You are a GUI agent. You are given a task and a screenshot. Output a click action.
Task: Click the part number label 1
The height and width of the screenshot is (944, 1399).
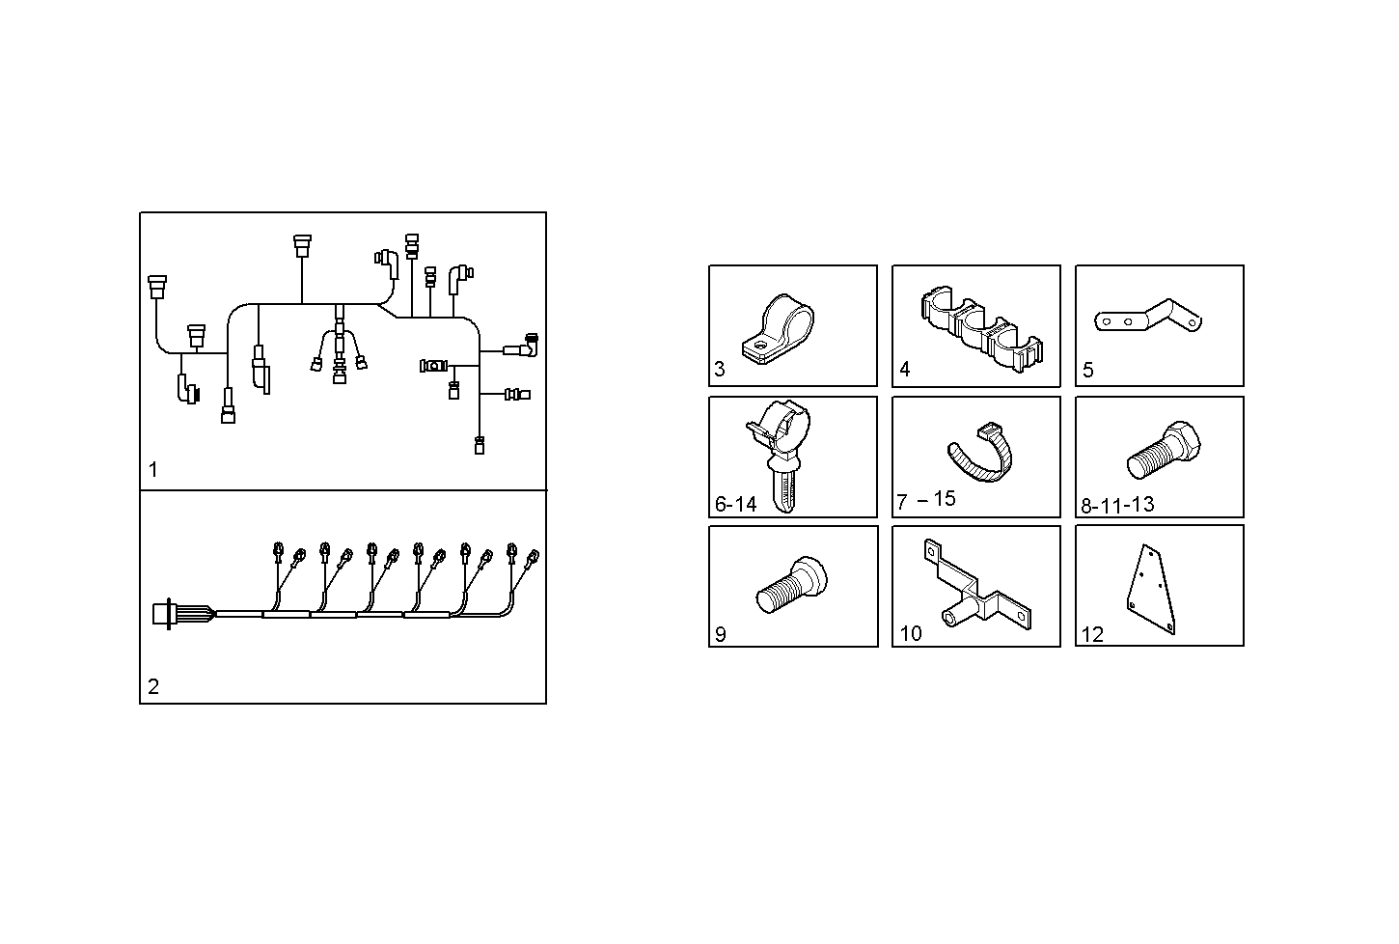(x=153, y=470)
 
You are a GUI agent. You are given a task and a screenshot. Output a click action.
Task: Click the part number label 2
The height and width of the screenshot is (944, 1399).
(x=153, y=687)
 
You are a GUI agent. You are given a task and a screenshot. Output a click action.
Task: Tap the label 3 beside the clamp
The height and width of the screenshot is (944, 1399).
(x=720, y=369)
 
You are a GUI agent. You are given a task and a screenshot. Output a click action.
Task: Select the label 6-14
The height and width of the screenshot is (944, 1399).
(x=736, y=504)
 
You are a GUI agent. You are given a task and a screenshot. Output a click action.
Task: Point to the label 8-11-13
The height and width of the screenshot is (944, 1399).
(x=1117, y=505)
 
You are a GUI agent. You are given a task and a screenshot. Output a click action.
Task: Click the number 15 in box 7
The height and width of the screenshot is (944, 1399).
(x=945, y=498)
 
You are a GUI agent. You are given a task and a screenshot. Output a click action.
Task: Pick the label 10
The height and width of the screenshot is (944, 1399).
(x=911, y=633)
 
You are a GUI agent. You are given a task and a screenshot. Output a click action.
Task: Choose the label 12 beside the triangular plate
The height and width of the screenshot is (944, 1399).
(x=1092, y=634)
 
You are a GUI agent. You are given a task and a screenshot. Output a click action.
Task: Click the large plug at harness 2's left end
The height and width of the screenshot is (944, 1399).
(x=163, y=615)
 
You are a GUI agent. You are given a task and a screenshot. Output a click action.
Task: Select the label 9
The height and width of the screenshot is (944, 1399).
(x=720, y=634)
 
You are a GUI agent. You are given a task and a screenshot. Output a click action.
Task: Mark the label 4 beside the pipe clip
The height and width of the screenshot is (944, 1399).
(x=904, y=369)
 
